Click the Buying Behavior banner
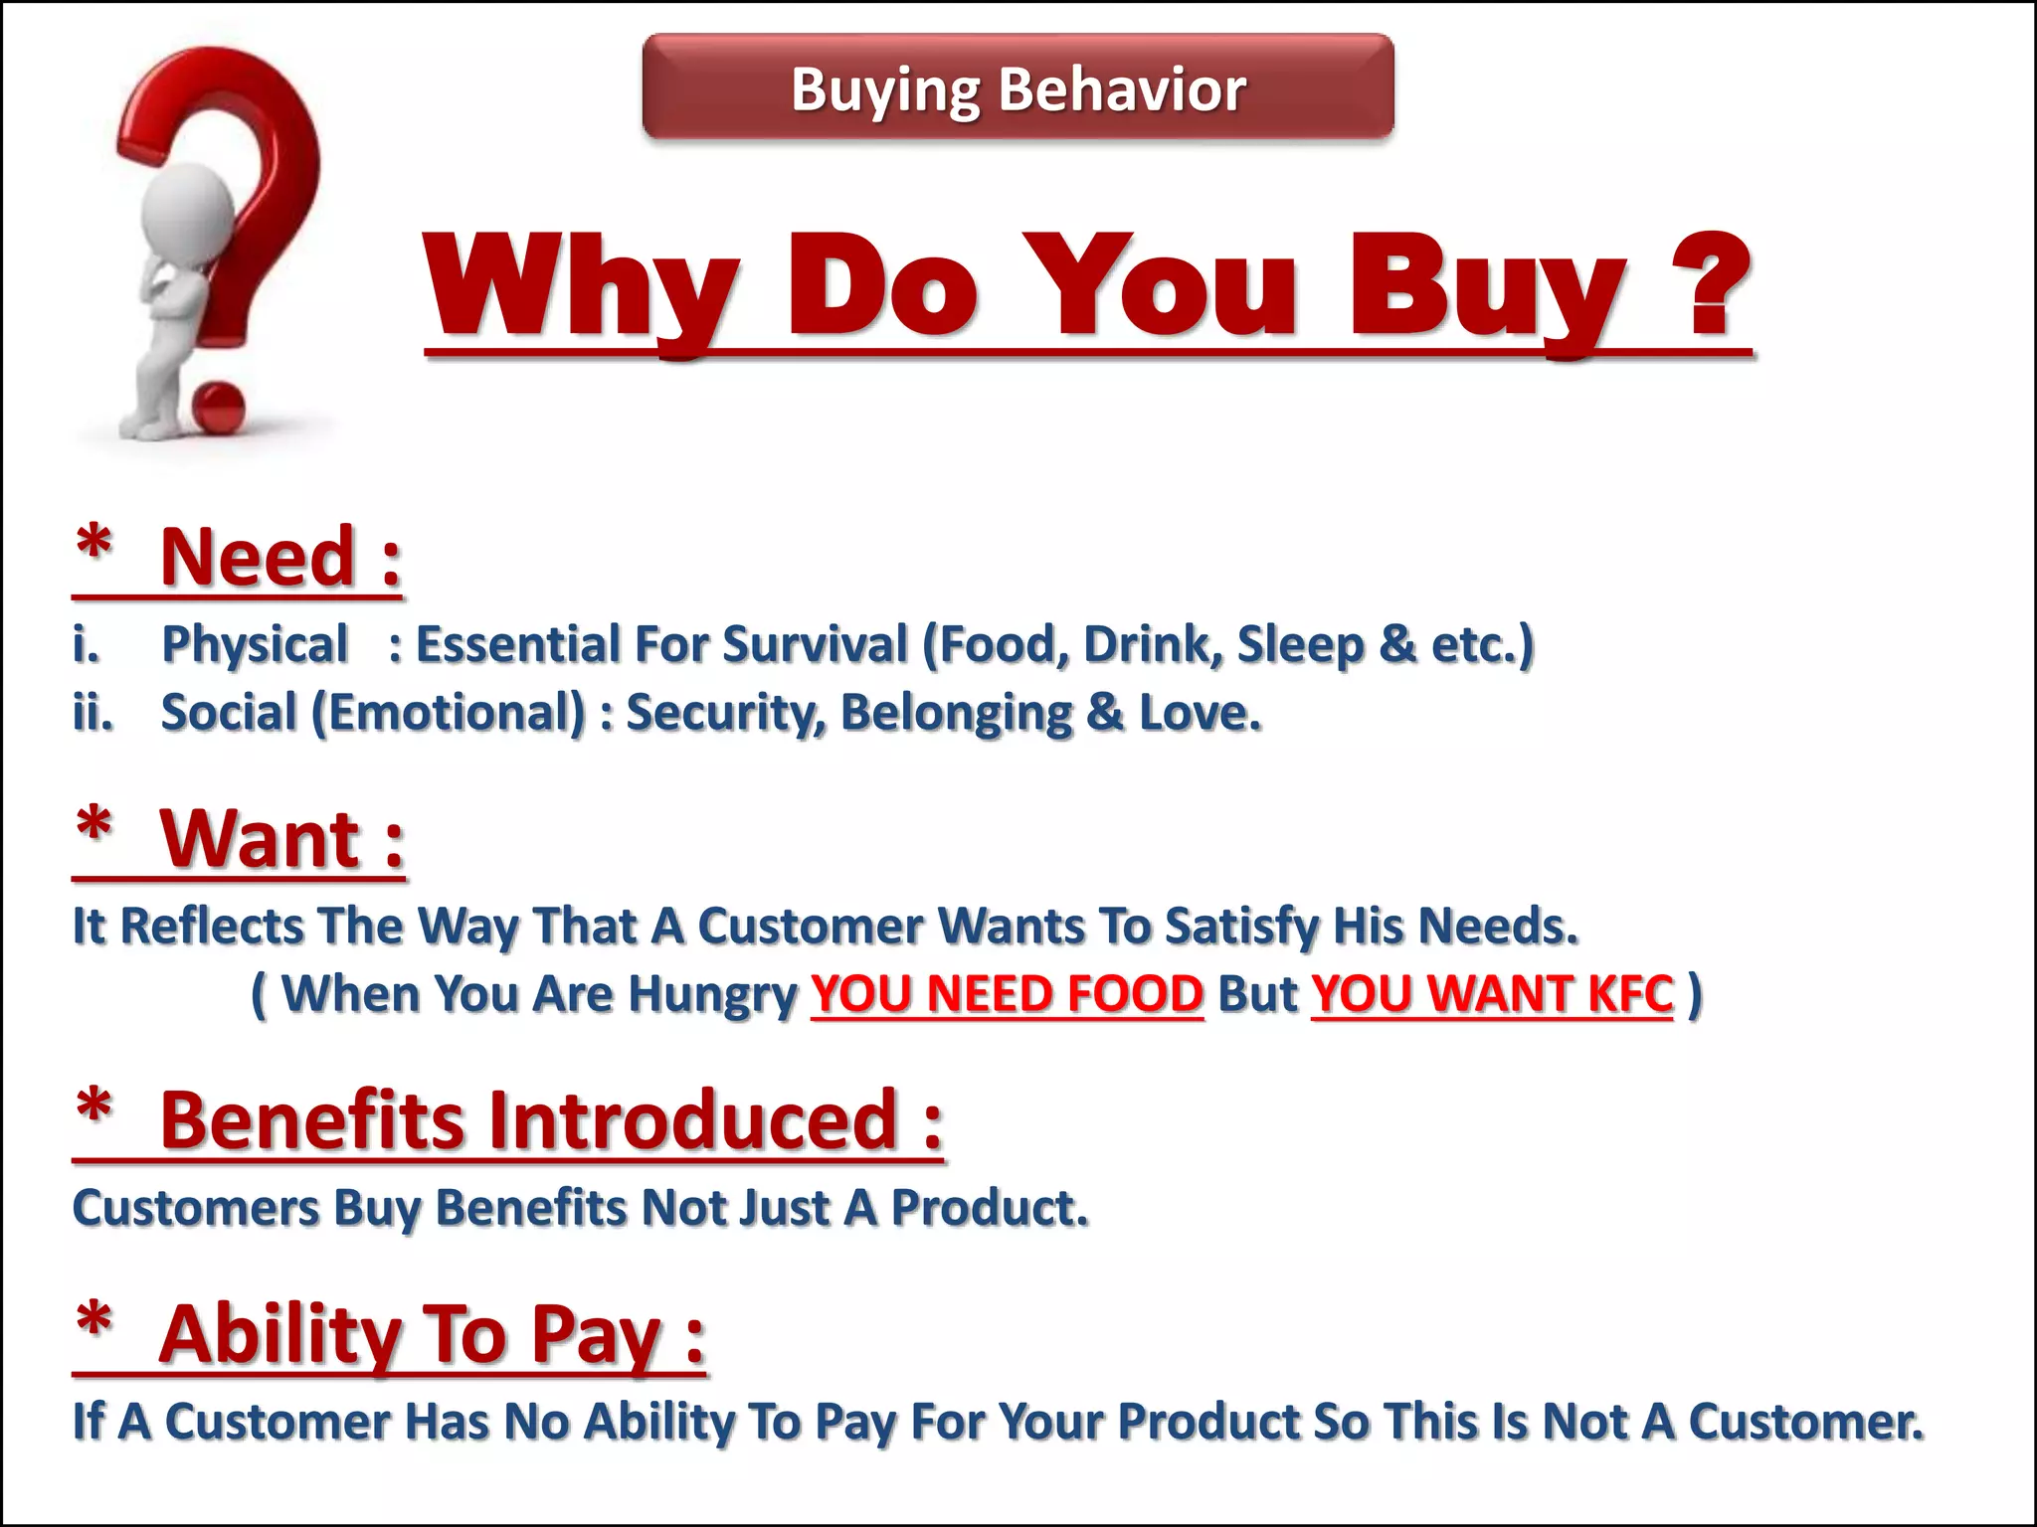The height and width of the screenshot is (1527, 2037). coord(1018,87)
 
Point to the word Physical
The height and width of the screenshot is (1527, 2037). coord(255,644)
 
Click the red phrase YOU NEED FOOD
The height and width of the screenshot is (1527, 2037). coord(1007,994)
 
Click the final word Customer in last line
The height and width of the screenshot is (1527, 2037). coord(1805,1422)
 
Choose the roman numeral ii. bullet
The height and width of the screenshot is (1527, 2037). coord(93,713)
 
